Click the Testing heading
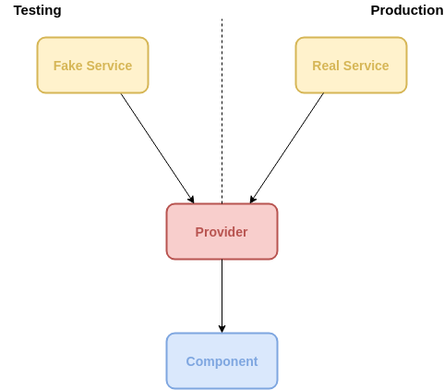pos(38,11)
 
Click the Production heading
pos(407,10)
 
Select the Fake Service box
pos(92,65)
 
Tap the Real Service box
pos(351,65)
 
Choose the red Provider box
pos(222,231)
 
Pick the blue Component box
pos(222,360)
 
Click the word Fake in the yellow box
pos(68,66)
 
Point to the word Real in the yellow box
pos(326,66)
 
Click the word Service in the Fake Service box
pos(109,66)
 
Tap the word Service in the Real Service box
pos(366,66)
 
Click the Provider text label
pos(222,232)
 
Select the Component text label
pos(222,361)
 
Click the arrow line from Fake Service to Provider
pos(157,148)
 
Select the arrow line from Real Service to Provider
pos(287,148)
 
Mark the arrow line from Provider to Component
pos(222,296)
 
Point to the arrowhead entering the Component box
pos(222,329)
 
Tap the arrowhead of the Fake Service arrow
pos(192,200)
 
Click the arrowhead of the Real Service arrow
pos(252,200)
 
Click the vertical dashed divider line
pos(222,111)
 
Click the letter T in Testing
pos(18,10)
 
